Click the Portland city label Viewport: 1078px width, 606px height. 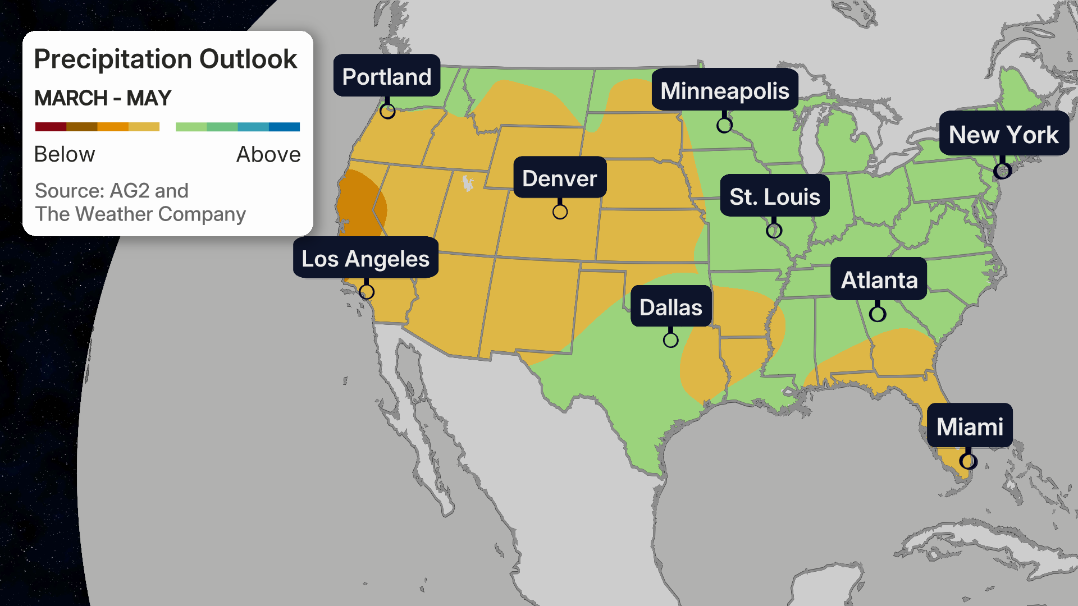tap(387, 76)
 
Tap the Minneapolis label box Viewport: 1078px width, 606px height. tap(725, 90)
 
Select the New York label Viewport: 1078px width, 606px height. tap(1004, 134)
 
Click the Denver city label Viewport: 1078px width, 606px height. tap(560, 178)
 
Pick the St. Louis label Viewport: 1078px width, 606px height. tap(775, 196)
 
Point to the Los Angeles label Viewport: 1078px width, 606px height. tap(366, 258)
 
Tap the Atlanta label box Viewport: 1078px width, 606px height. tap(879, 279)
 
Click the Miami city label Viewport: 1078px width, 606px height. tap(970, 426)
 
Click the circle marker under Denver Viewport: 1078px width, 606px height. tap(560, 212)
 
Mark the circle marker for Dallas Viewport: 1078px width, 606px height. tap(670, 340)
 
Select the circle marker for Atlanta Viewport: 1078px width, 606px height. tap(878, 314)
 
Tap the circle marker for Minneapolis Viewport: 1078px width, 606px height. tap(724, 125)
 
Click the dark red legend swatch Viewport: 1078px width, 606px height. tap(51, 127)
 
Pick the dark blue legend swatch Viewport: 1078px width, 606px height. tap(284, 127)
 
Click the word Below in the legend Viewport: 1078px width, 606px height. tap(65, 154)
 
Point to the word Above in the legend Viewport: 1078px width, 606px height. tap(268, 154)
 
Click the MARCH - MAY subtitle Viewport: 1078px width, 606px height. tap(103, 98)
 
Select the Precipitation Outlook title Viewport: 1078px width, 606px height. tap(166, 59)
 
